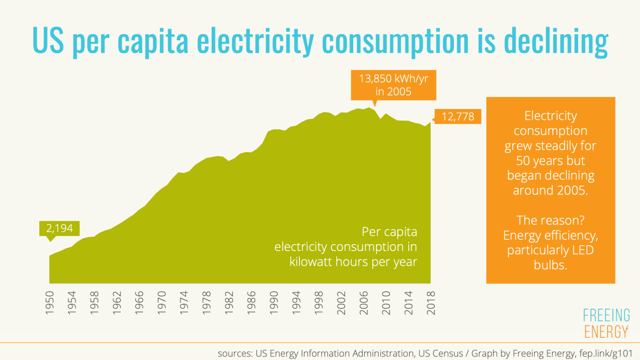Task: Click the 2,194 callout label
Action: (59, 229)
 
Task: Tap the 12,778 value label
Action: (458, 117)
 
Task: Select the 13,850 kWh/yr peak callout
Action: (393, 85)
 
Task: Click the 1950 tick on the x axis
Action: (50, 303)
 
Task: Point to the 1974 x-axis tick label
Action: (184, 303)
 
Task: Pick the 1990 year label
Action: (274, 303)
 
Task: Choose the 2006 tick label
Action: (364, 303)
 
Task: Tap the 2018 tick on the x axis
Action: (431, 303)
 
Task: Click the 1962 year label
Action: (117, 303)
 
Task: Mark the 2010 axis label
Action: (386, 303)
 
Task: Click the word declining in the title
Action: (556, 41)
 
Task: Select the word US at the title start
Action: (48, 40)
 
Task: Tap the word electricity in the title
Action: (255, 41)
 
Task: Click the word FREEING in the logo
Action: (606, 315)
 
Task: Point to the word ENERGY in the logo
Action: (606, 332)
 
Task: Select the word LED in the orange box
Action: (583, 250)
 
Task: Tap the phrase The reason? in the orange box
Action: (550, 220)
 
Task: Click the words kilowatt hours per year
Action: (353, 262)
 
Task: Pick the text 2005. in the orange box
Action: (572, 191)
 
